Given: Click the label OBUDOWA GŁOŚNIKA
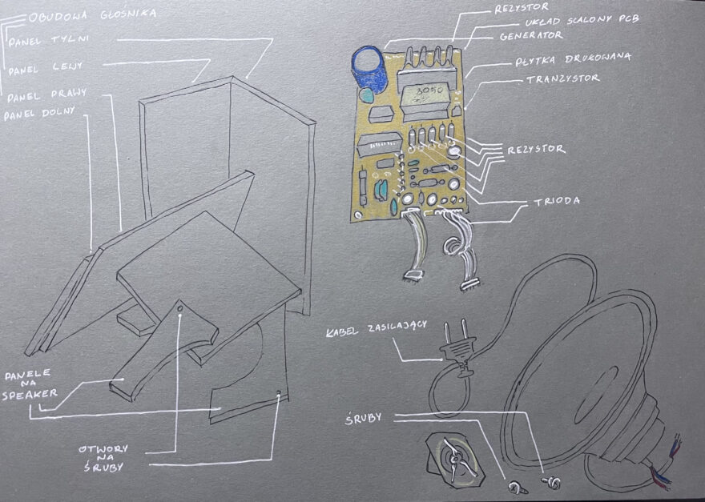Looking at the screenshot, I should [x=93, y=14].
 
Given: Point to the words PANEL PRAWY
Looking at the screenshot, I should [x=46, y=96].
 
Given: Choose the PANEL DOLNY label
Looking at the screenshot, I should [x=39, y=114].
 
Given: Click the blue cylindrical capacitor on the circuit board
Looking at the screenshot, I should [x=370, y=68].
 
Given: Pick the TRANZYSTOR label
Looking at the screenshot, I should [x=562, y=79].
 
